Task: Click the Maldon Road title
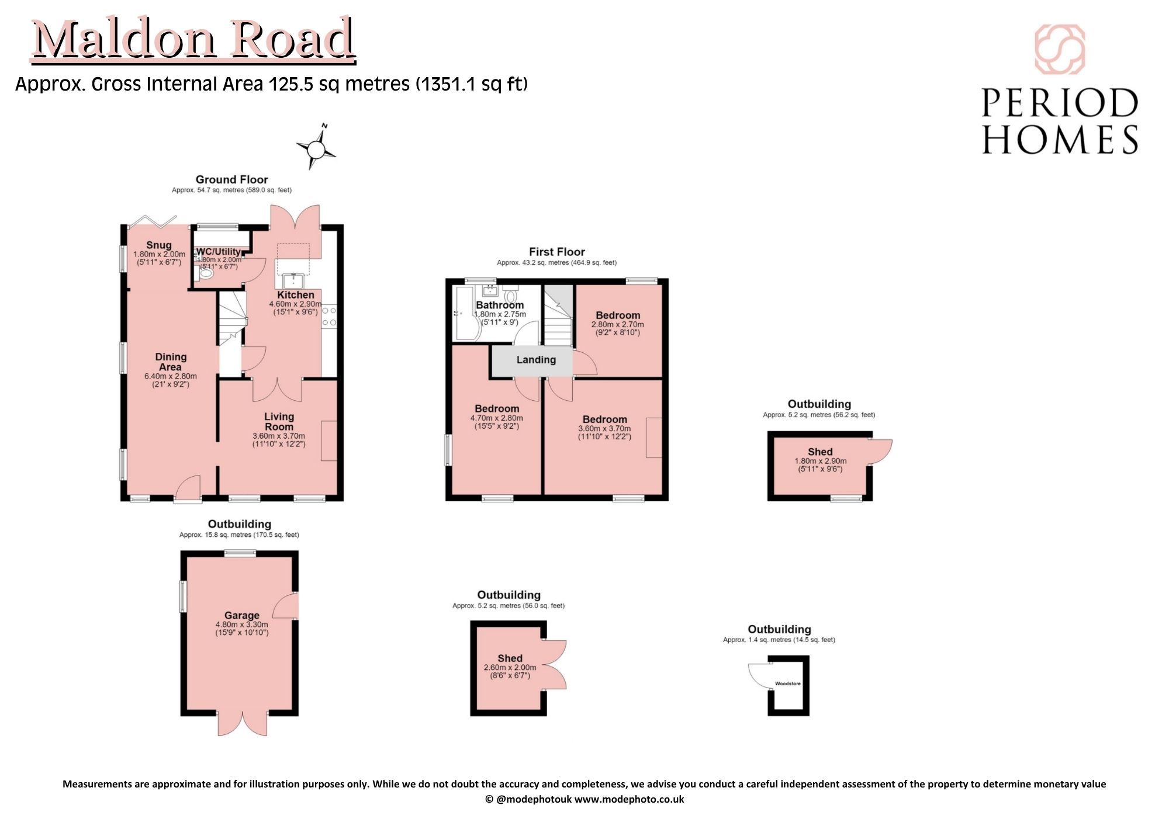tap(193, 39)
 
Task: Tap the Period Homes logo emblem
tap(1060, 50)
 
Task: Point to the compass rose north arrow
tap(316, 147)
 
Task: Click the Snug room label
tap(159, 245)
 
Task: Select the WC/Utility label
tap(219, 252)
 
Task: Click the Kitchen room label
tap(296, 295)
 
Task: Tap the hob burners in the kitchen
tap(329, 317)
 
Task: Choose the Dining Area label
tap(171, 362)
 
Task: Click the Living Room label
tap(279, 421)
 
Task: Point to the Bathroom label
tap(500, 305)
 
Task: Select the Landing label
tap(536, 360)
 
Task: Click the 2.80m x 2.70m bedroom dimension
tap(618, 325)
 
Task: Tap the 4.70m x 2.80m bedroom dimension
tap(497, 418)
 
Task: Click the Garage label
tap(242, 615)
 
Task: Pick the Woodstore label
tap(788, 683)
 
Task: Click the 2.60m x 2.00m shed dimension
tap(510, 668)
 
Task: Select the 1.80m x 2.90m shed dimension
tap(821, 461)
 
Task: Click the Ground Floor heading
tap(232, 179)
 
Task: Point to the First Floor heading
tap(557, 252)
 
